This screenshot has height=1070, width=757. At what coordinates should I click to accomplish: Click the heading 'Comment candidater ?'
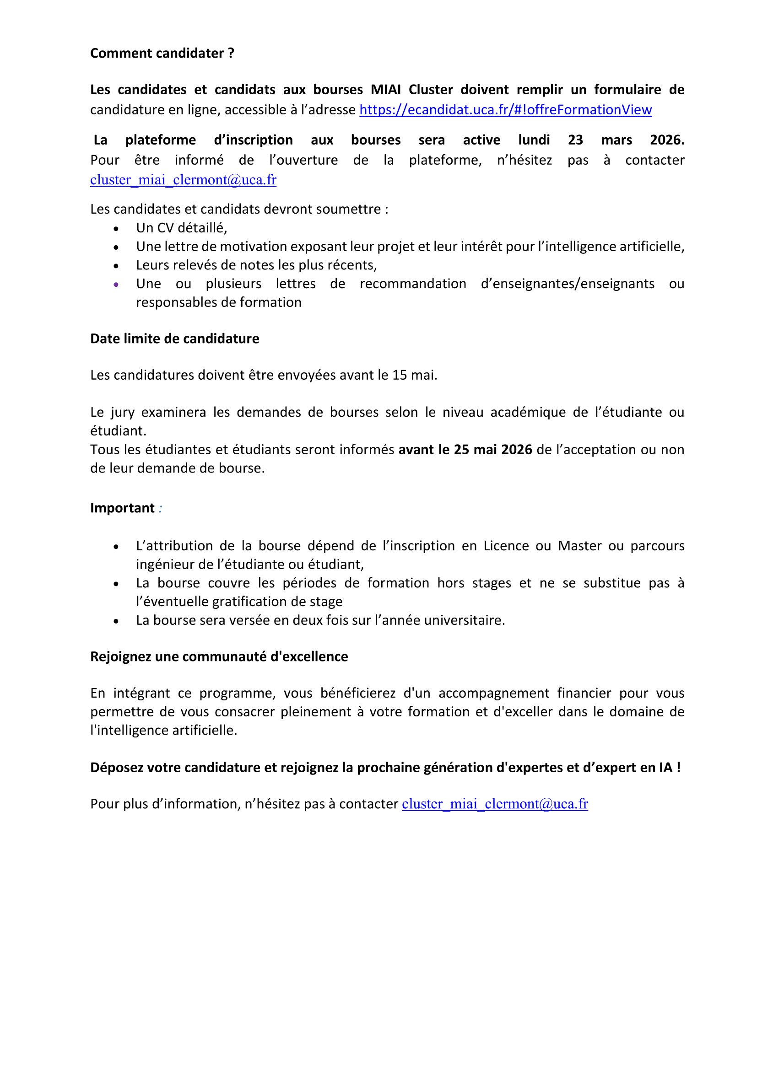162,54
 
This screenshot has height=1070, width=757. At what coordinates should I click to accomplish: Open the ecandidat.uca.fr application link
505,110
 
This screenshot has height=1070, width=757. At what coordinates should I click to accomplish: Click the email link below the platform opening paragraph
183,180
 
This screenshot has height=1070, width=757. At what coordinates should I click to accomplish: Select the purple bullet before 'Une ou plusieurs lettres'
116,284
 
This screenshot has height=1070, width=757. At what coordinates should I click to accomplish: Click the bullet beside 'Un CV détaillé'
116,228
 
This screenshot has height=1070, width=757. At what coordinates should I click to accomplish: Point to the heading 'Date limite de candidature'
174,339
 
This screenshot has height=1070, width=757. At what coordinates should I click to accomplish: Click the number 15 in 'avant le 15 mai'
400,375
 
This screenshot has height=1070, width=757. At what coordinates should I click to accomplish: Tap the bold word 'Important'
122,508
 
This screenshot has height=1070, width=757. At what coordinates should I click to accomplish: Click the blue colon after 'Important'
160,508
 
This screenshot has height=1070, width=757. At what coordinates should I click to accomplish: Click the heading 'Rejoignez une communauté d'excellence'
219,656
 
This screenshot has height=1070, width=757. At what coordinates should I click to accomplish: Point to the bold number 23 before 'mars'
575,140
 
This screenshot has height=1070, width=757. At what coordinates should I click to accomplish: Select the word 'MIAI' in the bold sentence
385,90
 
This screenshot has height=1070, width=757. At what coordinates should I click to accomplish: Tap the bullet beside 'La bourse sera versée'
116,621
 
